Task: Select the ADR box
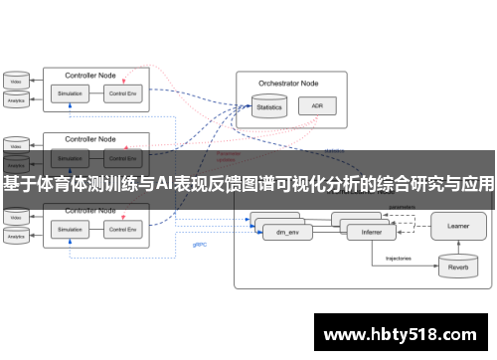(x=317, y=105)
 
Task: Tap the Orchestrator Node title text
(x=289, y=84)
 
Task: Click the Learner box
(x=458, y=226)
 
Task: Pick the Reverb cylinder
(x=458, y=264)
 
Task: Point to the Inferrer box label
(x=372, y=235)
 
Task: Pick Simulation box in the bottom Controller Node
(x=70, y=230)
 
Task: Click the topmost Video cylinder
(x=16, y=79)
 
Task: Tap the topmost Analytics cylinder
(x=16, y=98)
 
